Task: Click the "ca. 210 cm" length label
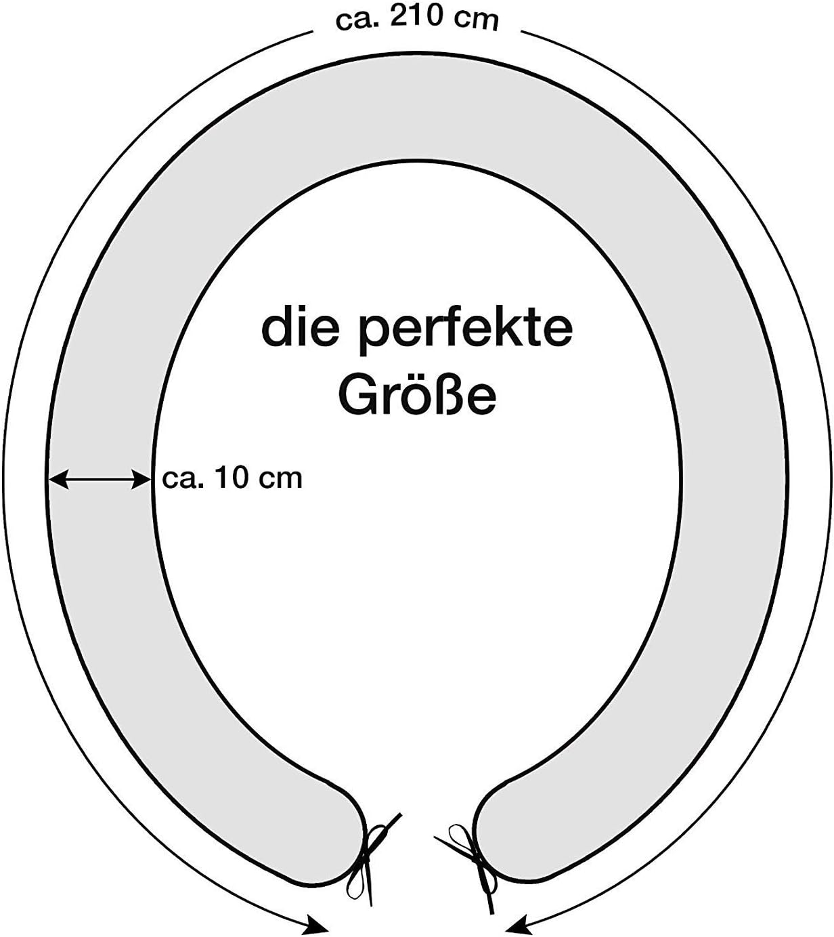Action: pos(417,18)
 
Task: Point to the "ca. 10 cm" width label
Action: pos(232,478)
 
